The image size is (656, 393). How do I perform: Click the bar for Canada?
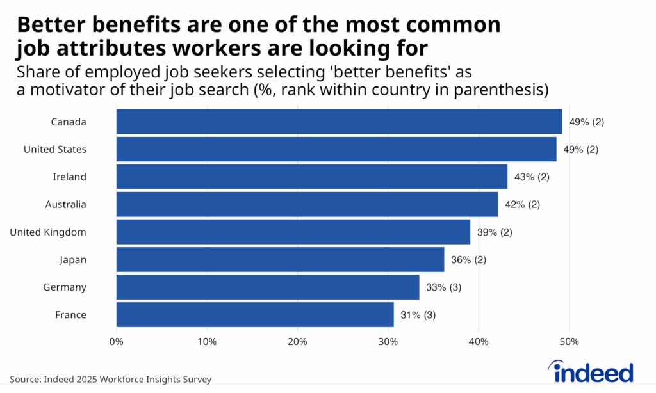point(339,122)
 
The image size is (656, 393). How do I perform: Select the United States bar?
point(336,149)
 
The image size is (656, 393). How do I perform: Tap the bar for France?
point(255,315)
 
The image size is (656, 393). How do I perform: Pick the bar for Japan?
point(280,260)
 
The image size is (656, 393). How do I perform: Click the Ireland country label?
point(69,177)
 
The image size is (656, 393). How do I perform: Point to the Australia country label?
point(65,205)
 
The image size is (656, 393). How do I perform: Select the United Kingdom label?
point(48,232)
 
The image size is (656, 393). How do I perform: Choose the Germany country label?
point(64,287)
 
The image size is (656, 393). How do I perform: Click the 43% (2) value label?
point(532,177)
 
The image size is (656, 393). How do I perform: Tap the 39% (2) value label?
point(495,232)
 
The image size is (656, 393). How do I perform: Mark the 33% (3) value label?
point(443,287)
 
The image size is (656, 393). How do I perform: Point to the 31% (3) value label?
point(418,315)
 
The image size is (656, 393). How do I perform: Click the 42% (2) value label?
point(522,205)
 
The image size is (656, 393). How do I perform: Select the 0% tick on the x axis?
point(117,342)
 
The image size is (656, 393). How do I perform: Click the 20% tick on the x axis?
point(298,342)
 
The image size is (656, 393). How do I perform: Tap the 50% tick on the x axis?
point(570,342)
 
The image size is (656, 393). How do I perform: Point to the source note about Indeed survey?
point(110,380)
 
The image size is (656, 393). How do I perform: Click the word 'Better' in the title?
point(53,26)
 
